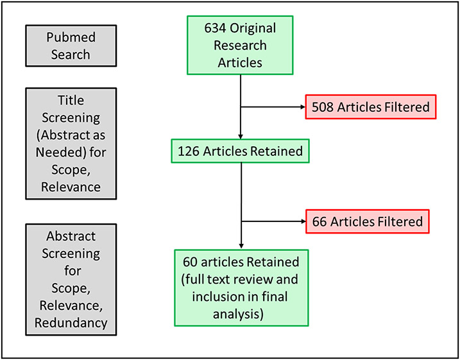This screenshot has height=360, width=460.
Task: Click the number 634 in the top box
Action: [x=216, y=29]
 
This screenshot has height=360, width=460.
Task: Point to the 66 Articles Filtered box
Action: [x=368, y=221]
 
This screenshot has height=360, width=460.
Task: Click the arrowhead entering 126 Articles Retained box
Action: [x=240, y=136]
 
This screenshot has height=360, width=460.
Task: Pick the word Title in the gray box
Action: [x=71, y=101]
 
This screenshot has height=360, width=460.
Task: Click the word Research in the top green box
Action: [x=240, y=46]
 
